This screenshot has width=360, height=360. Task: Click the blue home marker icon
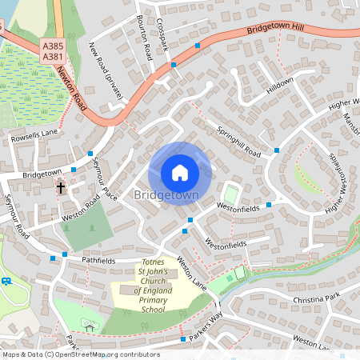[180, 172]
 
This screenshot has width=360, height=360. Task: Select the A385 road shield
[54, 47]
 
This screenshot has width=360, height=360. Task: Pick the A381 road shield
[54, 57]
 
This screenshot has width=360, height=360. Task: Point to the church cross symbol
[61, 188]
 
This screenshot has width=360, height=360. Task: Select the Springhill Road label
[238, 141]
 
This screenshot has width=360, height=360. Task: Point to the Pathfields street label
[98, 261]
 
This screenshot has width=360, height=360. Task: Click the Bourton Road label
[145, 37]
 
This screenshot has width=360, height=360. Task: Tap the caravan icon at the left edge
[6, 281]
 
